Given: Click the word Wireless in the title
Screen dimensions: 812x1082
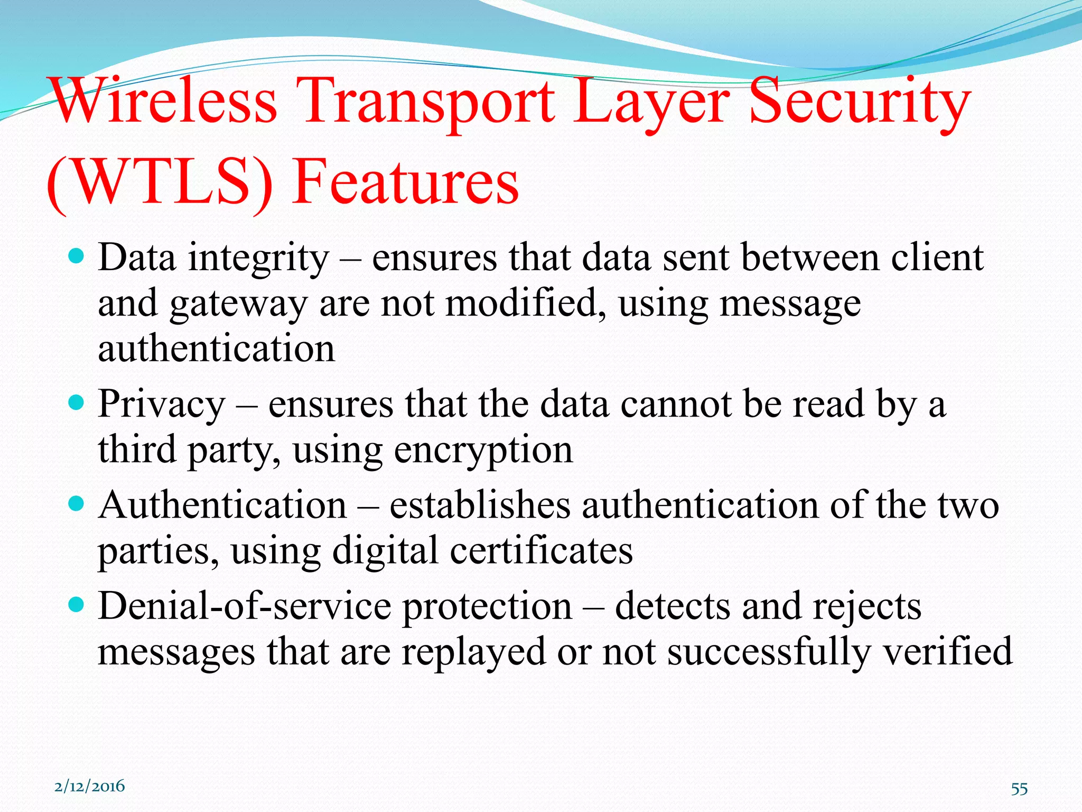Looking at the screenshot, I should coord(164,100).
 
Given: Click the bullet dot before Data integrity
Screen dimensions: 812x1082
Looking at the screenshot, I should coord(77,257).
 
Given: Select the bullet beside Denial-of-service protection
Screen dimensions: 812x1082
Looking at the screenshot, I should coord(77,605).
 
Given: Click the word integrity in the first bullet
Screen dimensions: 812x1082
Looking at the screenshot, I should coord(259,259).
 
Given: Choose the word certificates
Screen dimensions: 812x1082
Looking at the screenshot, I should coord(542,551).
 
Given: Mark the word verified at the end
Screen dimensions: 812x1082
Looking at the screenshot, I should coord(948,652).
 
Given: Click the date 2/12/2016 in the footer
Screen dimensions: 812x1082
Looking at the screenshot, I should coord(90,786).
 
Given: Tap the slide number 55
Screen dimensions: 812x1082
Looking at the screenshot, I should coord(1019,789).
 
